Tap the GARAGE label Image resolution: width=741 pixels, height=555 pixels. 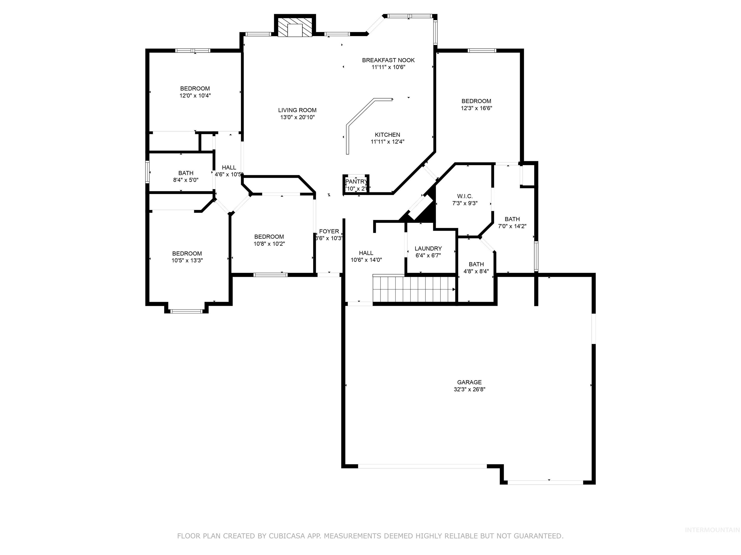469,382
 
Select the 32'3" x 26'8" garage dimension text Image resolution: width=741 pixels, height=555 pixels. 469,390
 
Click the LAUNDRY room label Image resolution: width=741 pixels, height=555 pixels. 428,249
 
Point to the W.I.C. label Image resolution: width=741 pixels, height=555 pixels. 465,196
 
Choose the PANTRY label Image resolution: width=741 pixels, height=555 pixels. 356,182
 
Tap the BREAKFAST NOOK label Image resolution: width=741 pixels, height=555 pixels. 388,60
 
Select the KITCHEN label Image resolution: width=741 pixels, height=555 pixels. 387,135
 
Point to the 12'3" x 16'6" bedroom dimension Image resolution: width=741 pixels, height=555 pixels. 476,108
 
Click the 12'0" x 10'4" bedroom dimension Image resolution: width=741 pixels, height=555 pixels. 195,96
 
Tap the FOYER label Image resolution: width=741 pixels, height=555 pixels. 329,231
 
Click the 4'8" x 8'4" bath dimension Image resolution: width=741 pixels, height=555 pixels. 476,271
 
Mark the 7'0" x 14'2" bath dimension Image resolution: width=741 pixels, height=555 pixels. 512,226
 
